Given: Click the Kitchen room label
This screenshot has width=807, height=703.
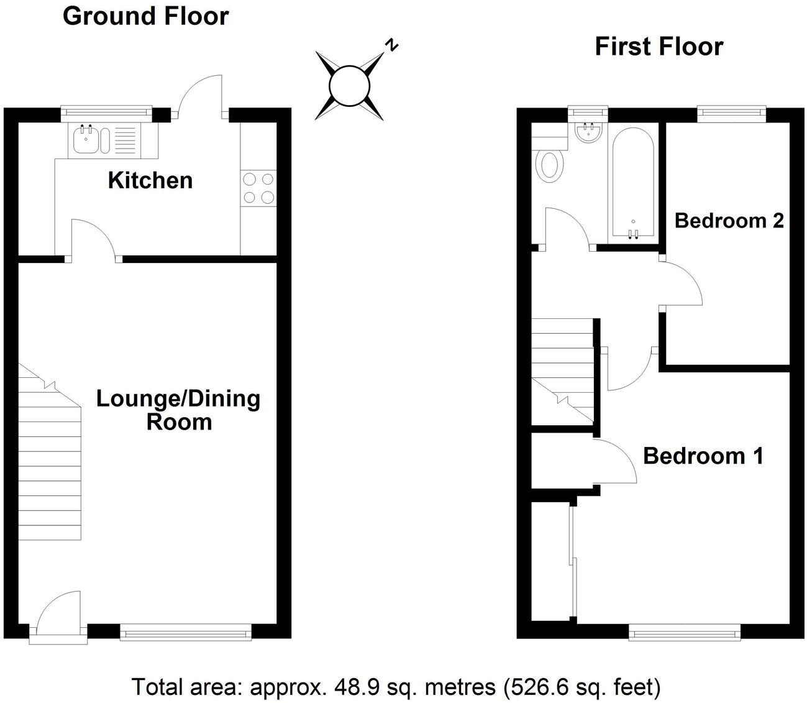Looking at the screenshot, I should [x=150, y=180].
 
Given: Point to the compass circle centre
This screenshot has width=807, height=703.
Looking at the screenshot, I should [x=349, y=86].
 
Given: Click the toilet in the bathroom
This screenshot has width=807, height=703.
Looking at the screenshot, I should [x=550, y=166].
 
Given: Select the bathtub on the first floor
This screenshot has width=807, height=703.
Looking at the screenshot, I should [x=633, y=183].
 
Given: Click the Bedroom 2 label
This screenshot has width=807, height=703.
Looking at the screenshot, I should [x=729, y=220].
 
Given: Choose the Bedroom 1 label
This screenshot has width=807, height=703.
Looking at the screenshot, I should [x=703, y=456].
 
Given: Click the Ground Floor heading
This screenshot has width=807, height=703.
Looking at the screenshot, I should [x=145, y=16].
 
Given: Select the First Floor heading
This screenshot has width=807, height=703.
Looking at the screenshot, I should [x=659, y=47].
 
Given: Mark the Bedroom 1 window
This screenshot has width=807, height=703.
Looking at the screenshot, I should [x=685, y=633].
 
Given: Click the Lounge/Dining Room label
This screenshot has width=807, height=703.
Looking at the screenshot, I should [x=178, y=410].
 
